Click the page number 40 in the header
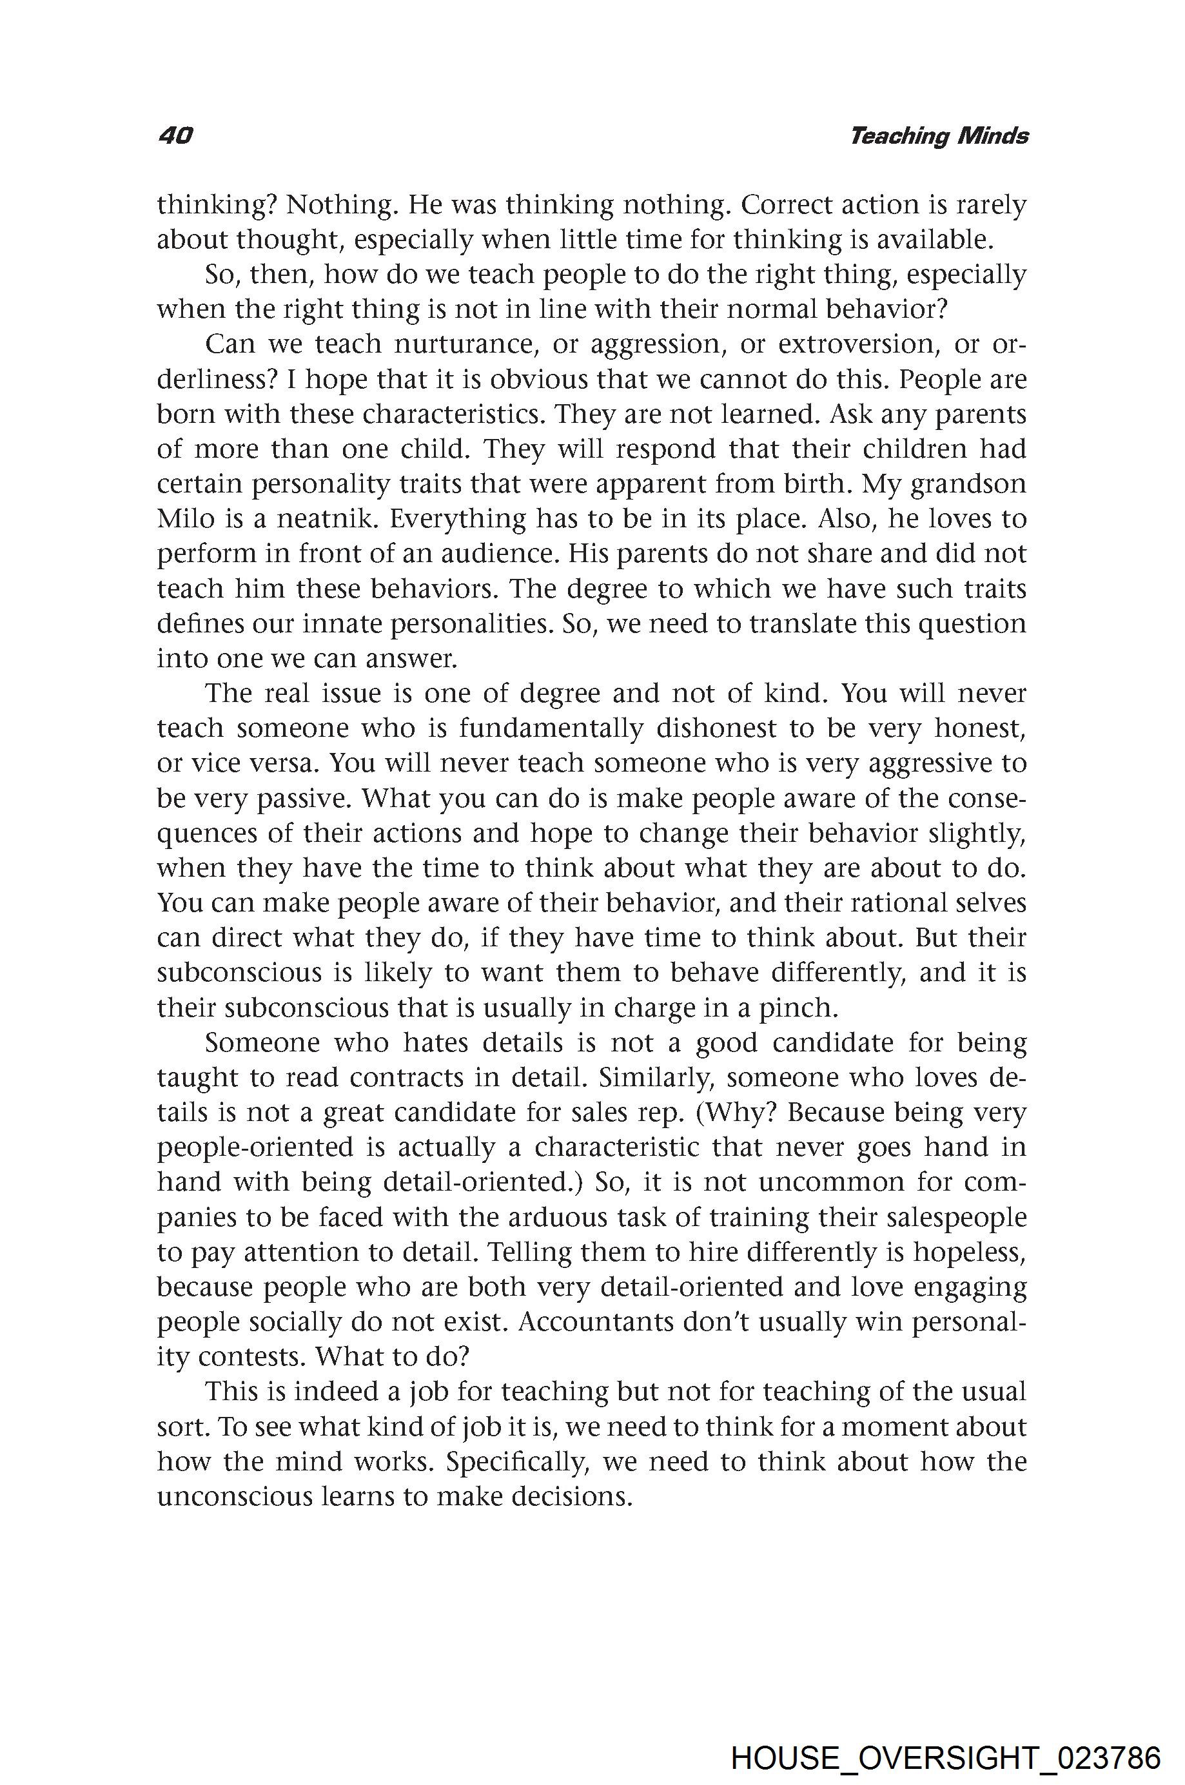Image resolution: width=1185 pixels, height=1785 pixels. (x=175, y=136)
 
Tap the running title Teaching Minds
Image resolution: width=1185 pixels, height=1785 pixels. (x=939, y=136)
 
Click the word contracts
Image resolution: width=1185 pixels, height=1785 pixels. (x=415, y=1078)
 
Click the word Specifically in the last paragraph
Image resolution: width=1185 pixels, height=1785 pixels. (x=517, y=1461)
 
